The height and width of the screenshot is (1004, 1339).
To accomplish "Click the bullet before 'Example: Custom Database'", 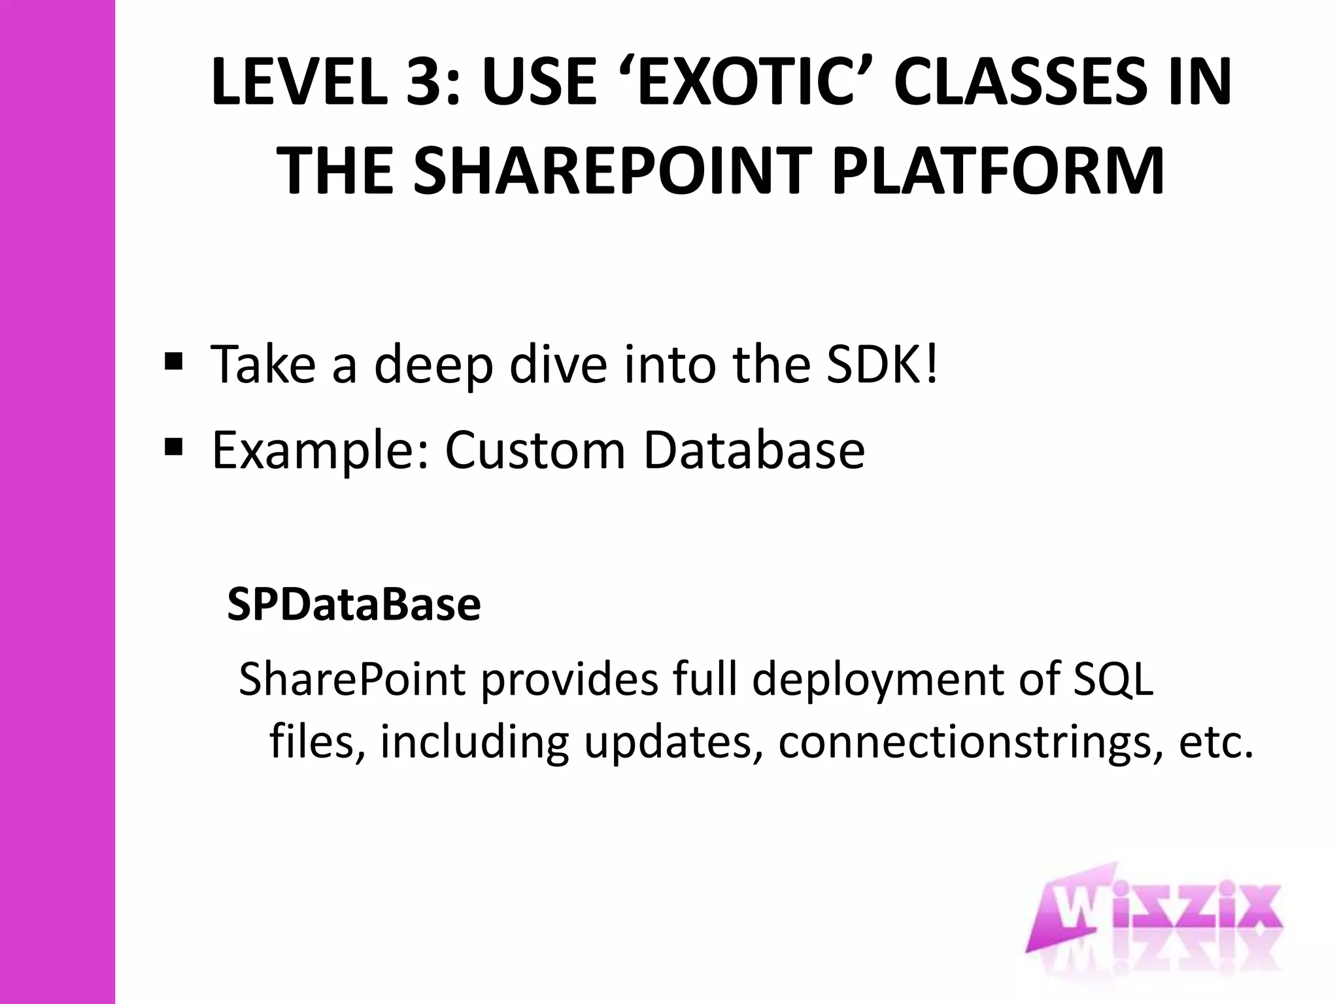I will tap(173, 447).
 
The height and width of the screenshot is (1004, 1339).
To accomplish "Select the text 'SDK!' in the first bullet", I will tap(882, 363).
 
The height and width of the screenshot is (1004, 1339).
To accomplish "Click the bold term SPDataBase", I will tap(354, 605).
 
